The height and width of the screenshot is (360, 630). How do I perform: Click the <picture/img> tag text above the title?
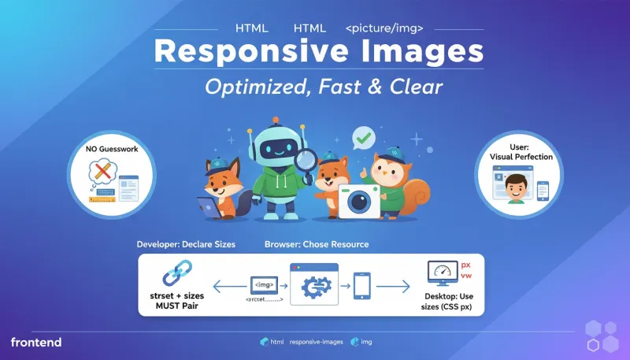pyautogui.click(x=384, y=28)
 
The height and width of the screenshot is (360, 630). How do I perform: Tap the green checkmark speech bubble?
pyautogui.click(x=363, y=139)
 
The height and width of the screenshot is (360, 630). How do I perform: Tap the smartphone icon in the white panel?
pyautogui.click(x=363, y=286)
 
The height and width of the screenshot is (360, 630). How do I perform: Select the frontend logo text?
pyautogui.click(x=36, y=342)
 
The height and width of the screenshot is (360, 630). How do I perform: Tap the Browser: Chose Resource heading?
pyautogui.click(x=317, y=245)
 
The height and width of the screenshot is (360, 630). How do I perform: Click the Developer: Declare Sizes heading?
pyautogui.click(x=186, y=245)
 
